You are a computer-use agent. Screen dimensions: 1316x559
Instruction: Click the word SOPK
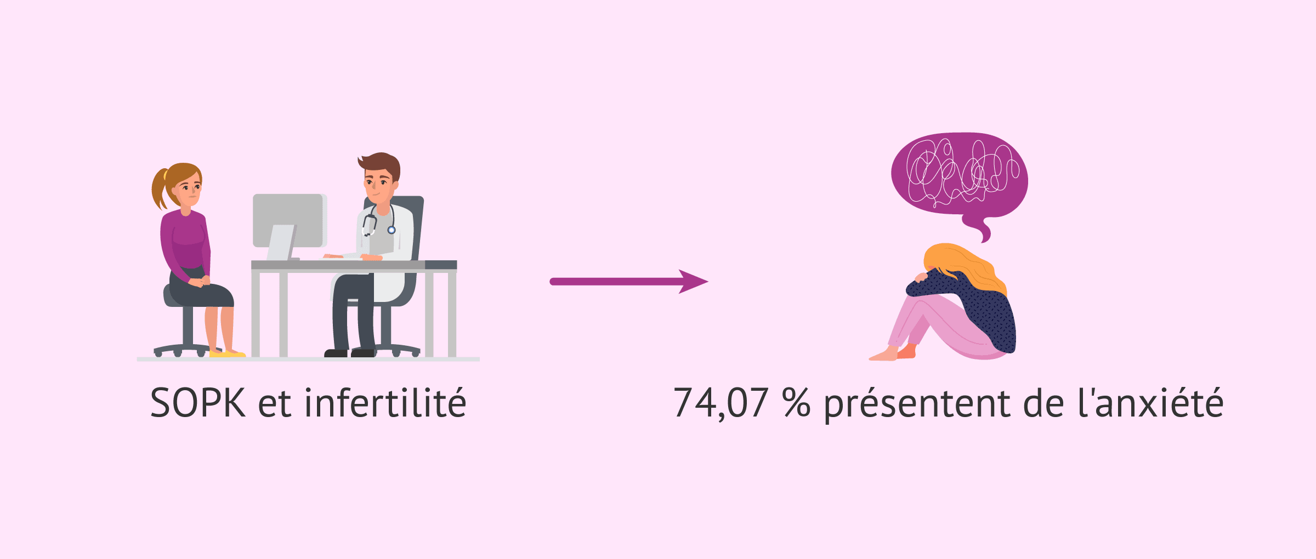click(198, 403)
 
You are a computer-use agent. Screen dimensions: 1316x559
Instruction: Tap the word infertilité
click(385, 402)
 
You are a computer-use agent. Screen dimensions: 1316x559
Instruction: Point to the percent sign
click(796, 403)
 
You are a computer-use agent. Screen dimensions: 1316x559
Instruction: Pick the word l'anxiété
click(1150, 402)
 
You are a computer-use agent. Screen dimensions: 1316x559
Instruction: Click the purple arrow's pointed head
click(693, 282)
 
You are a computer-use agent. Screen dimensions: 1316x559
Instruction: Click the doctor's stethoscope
click(378, 221)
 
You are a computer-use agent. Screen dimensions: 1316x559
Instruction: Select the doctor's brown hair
click(380, 165)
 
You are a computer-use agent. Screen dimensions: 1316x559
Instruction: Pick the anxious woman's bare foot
click(884, 355)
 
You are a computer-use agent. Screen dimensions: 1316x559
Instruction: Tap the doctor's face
click(379, 184)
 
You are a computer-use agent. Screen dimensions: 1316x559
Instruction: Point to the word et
click(275, 404)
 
